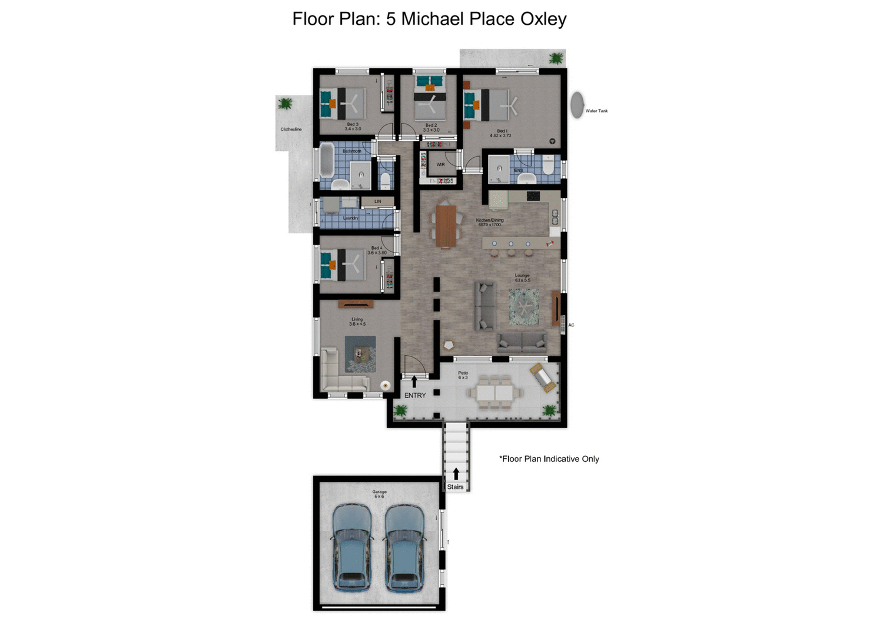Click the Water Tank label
click(596, 111)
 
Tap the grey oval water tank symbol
click(577, 105)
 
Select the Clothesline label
click(291, 129)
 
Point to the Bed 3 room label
click(353, 126)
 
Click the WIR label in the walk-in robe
click(440, 164)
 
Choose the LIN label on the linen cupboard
click(377, 201)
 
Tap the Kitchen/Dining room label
click(490, 222)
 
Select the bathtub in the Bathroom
click(327, 161)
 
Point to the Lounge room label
click(522, 277)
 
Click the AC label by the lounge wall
click(571, 325)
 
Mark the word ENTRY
click(415, 395)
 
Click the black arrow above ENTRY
click(414, 382)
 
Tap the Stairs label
click(455, 487)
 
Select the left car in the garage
click(352, 547)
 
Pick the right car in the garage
click(404, 547)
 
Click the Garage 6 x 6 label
click(379, 494)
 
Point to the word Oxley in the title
click(543, 19)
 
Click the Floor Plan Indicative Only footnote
click(549, 459)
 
